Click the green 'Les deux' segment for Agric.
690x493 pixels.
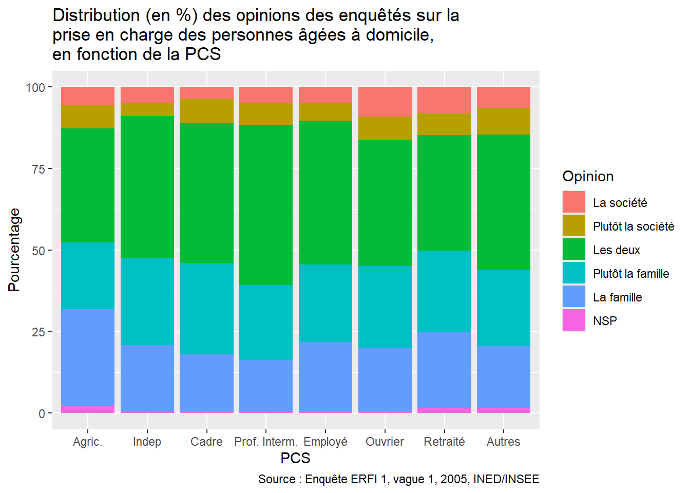click(x=88, y=185)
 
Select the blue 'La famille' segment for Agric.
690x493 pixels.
click(x=88, y=357)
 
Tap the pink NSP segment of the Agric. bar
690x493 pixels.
click(x=88, y=409)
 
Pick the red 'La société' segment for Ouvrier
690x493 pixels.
click(x=385, y=102)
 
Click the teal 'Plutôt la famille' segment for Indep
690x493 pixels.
click(x=147, y=301)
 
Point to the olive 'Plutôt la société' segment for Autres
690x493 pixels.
click(x=504, y=121)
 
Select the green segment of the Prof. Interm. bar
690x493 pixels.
click(x=266, y=205)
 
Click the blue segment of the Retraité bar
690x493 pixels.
click(x=444, y=370)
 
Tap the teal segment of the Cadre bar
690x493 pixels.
click(x=206, y=309)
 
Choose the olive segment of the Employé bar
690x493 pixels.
click(x=325, y=111)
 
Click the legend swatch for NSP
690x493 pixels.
click(x=573, y=320)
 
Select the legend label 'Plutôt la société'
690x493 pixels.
click(x=633, y=226)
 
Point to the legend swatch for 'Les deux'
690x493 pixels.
click(x=573, y=250)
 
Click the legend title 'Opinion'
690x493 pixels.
click(x=588, y=176)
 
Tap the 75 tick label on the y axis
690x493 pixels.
click(x=35, y=169)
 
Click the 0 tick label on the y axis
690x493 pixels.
click(x=42, y=413)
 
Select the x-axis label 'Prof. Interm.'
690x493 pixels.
click(x=265, y=442)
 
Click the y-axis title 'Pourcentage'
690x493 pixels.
click(x=14, y=250)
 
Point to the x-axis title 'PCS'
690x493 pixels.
click(x=295, y=458)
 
